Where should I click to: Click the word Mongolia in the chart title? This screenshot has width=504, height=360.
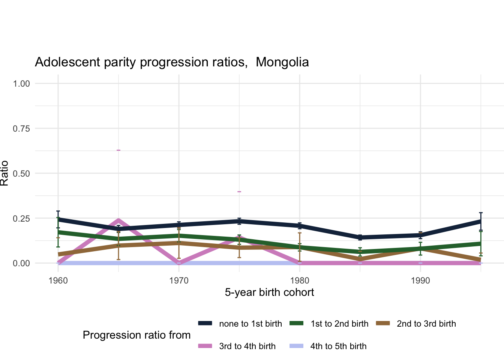click(x=282, y=62)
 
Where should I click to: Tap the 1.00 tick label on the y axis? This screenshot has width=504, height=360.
click(x=21, y=83)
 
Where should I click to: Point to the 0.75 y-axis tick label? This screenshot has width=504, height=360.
click(x=21, y=128)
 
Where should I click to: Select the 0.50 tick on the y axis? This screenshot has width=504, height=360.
click(x=21, y=173)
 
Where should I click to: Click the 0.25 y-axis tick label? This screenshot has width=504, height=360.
click(x=21, y=218)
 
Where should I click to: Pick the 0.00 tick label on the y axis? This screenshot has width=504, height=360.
click(x=21, y=263)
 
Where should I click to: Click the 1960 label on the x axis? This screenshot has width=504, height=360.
click(x=58, y=280)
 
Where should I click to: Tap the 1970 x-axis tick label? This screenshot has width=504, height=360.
click(x=179, y=280)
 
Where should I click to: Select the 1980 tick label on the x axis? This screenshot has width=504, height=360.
click(x=300, y=280)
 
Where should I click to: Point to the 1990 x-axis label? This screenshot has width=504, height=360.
click(x=420, y=280)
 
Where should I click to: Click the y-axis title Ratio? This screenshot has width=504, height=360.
click(x=4, y=173)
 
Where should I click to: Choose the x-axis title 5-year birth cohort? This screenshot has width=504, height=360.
click(x=269, y=292)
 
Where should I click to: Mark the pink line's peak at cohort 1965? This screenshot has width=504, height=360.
click(x=118, y=220)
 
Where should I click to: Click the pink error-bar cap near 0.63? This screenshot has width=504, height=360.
click(x=118, y=150)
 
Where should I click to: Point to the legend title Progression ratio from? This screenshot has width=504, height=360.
click(x=136, y=335)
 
